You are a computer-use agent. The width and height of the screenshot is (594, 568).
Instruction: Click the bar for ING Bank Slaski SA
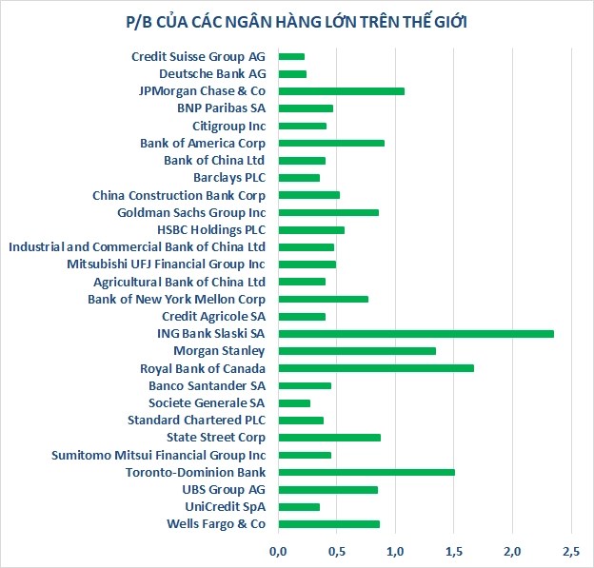415,333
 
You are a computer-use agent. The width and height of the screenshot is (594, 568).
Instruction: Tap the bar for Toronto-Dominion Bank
366,472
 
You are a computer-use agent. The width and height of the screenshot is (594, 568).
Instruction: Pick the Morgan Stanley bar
356,351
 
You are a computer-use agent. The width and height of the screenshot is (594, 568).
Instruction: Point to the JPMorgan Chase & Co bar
341,91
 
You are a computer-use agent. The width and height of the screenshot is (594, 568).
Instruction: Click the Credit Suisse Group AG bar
291,57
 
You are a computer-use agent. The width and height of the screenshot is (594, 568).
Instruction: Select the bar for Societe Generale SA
294,402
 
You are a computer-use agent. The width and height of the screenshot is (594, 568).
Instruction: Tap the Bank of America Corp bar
331,143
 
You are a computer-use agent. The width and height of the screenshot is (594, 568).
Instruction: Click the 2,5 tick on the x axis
571,551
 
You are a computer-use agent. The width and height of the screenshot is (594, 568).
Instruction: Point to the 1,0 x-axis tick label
395,551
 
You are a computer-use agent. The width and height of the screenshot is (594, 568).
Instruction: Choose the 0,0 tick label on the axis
278,551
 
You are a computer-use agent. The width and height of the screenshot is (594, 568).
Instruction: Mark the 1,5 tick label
454,551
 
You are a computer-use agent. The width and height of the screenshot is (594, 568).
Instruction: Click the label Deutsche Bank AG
212,74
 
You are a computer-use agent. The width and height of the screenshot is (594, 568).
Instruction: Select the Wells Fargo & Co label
216,524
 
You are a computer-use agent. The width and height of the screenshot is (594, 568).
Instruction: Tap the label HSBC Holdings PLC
211,229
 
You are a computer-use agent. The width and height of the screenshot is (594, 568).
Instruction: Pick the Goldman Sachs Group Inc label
191,212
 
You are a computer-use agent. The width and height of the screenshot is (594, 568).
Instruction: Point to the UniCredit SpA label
224,506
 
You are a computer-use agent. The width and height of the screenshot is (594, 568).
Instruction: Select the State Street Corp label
216,438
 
